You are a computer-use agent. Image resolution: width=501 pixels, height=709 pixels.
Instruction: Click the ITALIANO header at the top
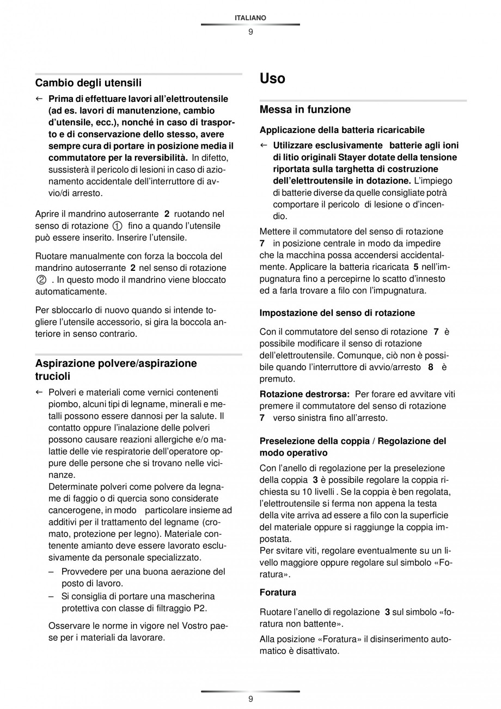click(250, 18)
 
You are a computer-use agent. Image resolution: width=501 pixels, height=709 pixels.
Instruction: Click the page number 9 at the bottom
click(250, 699)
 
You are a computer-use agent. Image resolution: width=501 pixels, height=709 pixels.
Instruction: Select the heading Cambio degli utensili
click(88, 83)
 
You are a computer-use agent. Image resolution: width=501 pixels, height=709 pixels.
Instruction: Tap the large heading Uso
click(272, 78)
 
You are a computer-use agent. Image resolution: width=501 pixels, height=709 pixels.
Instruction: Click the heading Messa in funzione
click(305, 110)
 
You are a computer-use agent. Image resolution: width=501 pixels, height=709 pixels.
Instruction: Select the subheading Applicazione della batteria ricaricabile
click(342, 130)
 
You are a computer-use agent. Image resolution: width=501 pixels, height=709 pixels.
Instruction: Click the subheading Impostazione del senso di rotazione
click(337, 313)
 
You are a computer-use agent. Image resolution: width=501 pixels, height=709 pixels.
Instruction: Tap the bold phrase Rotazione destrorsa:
click(304, 394)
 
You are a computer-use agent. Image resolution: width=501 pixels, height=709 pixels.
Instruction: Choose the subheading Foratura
click(278, 592)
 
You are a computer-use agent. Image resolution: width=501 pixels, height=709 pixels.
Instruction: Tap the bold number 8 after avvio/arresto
click(430, 367)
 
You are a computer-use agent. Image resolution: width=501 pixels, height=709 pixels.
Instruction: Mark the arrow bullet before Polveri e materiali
click(39, 392)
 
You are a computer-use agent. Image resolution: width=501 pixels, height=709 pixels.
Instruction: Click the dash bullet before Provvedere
click(51, 572)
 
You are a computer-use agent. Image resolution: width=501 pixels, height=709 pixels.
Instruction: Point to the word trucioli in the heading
click(53, 376)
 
